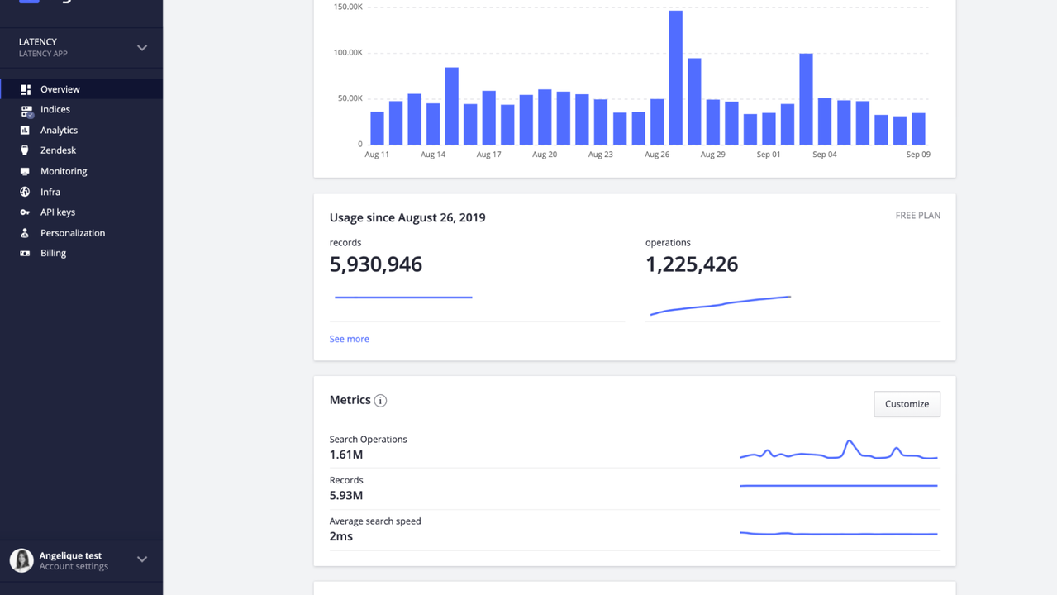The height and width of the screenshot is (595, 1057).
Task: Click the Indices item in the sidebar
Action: point(55,109)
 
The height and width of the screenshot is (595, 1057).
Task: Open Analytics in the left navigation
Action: point(59,130)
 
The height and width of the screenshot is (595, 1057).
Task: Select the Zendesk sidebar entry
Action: point(58,150)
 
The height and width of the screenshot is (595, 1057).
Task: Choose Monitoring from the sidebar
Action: point(63,171)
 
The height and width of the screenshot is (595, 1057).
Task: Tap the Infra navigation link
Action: point(50,192)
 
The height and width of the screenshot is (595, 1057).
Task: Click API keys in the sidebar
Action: point(57,212)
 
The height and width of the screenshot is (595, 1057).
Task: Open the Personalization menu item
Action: point(72,233)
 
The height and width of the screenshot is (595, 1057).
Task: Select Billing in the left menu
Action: point(53,253)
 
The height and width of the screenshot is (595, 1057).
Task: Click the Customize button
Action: point(907,404)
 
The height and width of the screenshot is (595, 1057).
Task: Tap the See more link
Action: point(349,339)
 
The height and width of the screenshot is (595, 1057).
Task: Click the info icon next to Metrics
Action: point(380,401)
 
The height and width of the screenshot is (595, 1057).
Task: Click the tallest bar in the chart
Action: point(675,79)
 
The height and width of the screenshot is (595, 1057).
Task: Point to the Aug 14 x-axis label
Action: point(433,155)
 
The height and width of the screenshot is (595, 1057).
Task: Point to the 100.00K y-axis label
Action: point(347,53)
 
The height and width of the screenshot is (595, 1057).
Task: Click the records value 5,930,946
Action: point(375,264)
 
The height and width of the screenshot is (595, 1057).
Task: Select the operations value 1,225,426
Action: point(691,264)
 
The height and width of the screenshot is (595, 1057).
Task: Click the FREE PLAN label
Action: point(917,216)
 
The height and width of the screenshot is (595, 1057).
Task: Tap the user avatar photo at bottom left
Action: point(21,560)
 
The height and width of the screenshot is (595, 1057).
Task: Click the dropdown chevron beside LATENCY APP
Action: point(142,48)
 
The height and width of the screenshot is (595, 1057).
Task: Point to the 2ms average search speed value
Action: point(340,536)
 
